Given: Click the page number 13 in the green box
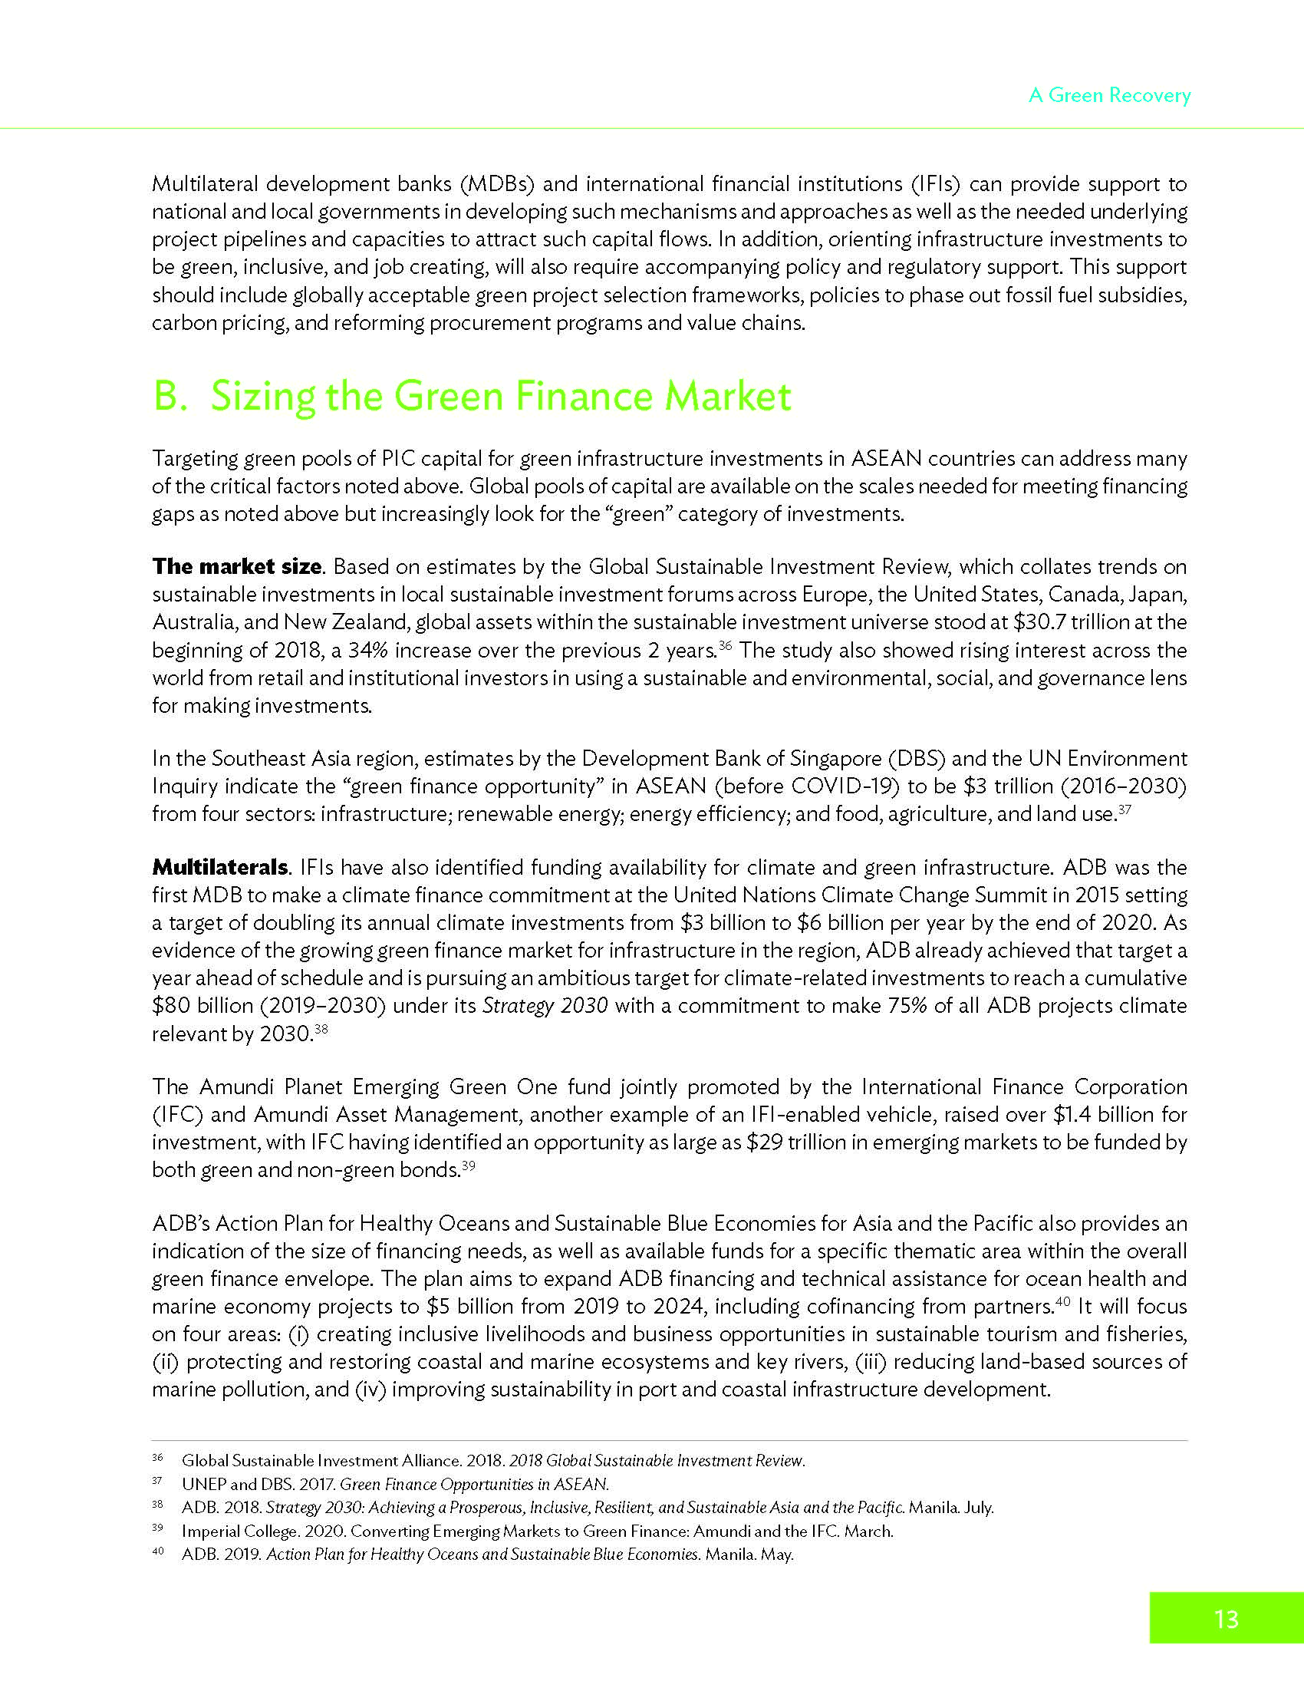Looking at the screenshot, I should pos(1226,1618).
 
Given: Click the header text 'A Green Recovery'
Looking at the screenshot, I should pos(1109,95).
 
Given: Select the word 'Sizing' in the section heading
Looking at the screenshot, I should pos(262,396).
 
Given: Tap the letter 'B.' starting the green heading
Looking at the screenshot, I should pos(170,396).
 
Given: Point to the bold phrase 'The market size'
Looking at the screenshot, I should pos(236,566).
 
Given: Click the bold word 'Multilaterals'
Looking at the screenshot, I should pos(219,867).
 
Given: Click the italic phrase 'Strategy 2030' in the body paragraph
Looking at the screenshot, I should pos(545,1006).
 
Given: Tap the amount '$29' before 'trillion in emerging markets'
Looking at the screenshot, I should pos(765,1142).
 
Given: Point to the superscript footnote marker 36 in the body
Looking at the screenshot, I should pos(725,645).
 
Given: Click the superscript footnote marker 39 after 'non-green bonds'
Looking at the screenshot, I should pos(467,1165).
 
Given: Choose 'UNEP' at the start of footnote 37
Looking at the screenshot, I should pos(203,1484).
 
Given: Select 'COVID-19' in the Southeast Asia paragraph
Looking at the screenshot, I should pos(845,786).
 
